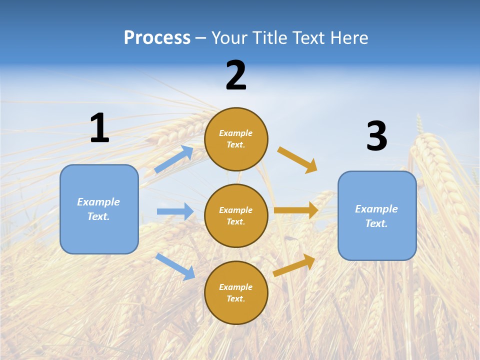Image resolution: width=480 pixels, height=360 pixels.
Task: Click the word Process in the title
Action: pyautogui.click(x=157, y=38)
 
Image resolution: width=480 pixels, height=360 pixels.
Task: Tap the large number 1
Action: pyautogui.click(x=99, y=128)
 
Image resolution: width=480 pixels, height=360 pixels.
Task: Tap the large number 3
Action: pyautogui.click(x=376, y=136)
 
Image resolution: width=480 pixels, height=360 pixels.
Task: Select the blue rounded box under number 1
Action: pyautogui.click(x=99, y=209)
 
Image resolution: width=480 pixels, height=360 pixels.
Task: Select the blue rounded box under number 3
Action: pyautogui.click(x=377, y=215)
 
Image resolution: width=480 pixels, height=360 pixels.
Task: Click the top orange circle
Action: pyautogui.click(x=236, y=138)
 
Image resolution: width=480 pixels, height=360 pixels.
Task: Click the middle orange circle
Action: pyautogui.click(x=236, y=215)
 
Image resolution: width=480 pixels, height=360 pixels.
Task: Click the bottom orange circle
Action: pyautogui.click(x=236, y=292)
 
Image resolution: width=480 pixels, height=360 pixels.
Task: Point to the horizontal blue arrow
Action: pyautogui.click(x=175, y=211)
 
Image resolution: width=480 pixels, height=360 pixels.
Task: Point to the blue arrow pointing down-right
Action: pyautogui.click(x=175, y=266)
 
